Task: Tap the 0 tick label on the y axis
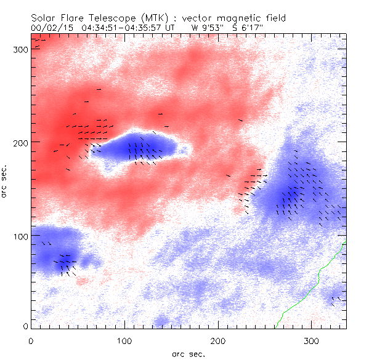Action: pyautogui.click(x=25, y=326)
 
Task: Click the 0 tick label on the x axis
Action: pyautogui.click(x=31, y=340)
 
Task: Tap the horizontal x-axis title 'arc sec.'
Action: pyautogui.click(x=188, y=354)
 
